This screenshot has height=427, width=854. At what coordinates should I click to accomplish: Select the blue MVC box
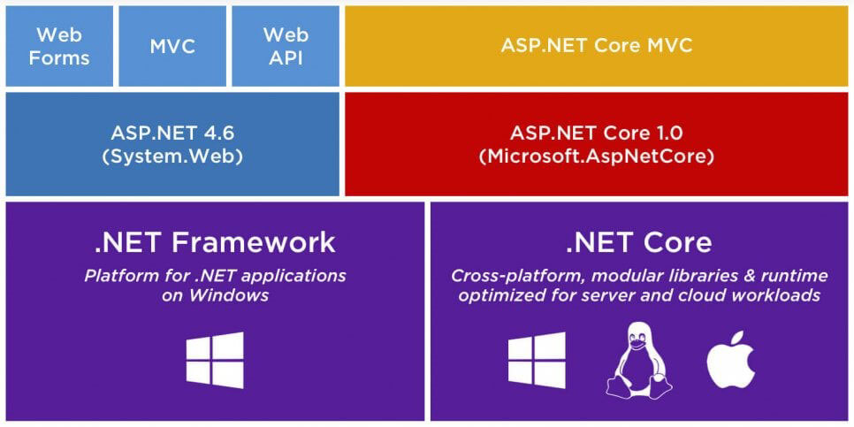pos(172,46)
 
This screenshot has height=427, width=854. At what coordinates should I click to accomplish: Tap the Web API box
pos(285,46)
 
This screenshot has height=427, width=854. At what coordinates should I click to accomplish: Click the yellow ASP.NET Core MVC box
pos(596,46)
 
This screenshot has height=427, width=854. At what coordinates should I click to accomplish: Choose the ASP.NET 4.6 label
pos(172,133)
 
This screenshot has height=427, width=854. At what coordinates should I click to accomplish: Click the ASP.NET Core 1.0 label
pos(596,133)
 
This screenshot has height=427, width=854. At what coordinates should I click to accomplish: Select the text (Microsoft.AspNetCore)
pos(596,156)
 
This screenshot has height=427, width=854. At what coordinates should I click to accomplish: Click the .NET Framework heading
pos(215,241)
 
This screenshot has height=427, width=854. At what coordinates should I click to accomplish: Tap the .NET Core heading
pos(638,241)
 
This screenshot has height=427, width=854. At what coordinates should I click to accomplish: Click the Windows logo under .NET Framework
pos(215,360)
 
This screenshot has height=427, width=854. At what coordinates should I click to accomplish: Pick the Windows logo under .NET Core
pos(537,360)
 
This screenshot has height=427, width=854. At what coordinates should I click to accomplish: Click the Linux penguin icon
pos(637,360)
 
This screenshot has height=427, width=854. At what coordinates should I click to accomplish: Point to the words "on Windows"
pos(215,295)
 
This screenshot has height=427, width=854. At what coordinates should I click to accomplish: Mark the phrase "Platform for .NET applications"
pos(215,275)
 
